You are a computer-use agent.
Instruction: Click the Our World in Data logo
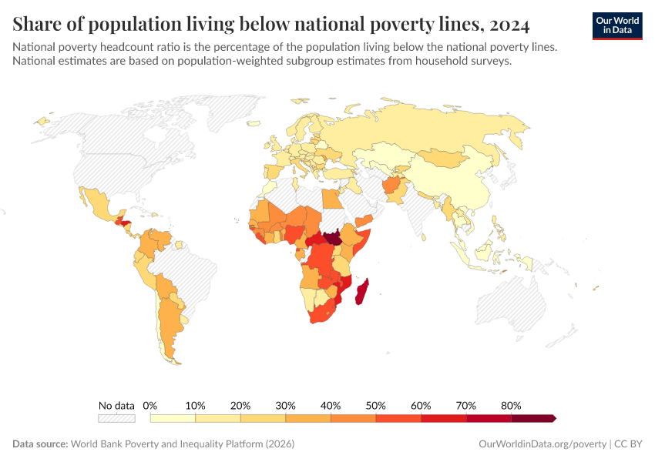[x=616, y=25]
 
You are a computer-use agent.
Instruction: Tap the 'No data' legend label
[x=116, y=405]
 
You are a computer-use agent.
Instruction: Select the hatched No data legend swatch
[x=116, y=418]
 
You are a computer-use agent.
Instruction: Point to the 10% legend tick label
[x=195, y=405]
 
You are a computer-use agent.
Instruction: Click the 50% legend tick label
[x=376, y=405]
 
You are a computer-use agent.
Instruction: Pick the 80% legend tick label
[x=511, y=405]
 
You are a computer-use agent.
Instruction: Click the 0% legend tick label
[x=150, y=405]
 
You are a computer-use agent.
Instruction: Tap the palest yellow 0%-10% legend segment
[x=173, y=418]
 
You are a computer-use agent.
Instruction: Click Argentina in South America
[x=170, y=323]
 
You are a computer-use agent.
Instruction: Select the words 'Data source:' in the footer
[x=40, y=444]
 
